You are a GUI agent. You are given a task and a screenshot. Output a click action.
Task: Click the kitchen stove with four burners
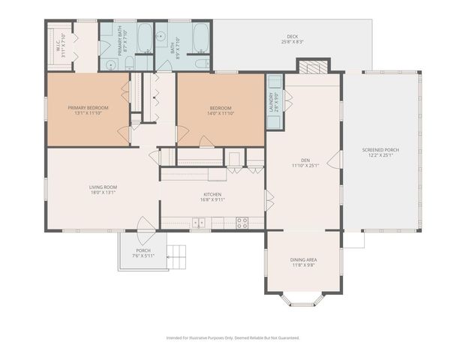pos(242,222)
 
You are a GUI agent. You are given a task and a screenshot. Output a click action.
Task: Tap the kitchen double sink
pos(200,222)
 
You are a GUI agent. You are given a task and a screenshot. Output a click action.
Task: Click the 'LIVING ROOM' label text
pos(103,187)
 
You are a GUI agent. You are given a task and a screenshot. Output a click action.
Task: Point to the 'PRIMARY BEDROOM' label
pos(88,108)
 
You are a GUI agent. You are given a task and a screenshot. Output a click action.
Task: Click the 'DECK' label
pos(292,37)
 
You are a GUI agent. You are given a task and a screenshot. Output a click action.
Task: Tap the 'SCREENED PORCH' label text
pos(380,149)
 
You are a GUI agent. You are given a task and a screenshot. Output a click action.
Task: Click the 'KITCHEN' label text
pos(212,194)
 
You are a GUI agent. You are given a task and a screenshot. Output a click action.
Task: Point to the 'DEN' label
pos(305,160)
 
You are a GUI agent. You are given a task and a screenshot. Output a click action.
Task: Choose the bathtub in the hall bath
pos(200,35)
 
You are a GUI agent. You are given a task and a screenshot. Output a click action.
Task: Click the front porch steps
pos(175,256)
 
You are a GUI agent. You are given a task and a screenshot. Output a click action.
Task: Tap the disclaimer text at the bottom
pos(233,338)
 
